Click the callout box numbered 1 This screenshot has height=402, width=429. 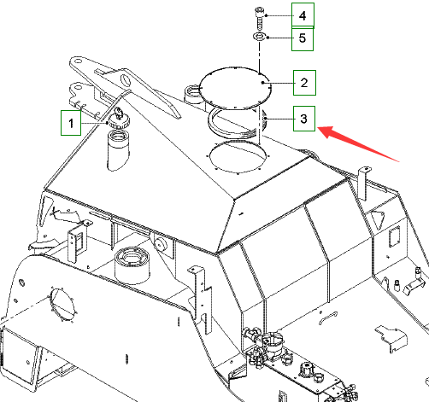(x=71, y=123)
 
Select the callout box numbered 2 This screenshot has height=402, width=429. (x=304, y=83)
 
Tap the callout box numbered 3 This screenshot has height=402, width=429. (x=304, y=119)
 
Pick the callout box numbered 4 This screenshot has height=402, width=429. (x=303, y=15)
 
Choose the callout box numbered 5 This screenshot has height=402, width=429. (x=303, y=38)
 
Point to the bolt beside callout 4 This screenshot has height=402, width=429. (x=259, y=19)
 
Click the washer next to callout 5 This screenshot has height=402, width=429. (x=259, y=37)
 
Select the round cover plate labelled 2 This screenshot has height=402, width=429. (x=235, y=88)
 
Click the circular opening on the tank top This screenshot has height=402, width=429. (x=238, y=156)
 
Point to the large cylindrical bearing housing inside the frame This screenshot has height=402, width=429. (x=132, y=265)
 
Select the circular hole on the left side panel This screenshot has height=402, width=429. (x=62, y=305)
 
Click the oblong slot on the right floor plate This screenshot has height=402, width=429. (x=328, y=318)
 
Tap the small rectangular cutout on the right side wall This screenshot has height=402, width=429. (x=395, y=236)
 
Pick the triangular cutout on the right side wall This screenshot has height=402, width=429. (x=378, y=218)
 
